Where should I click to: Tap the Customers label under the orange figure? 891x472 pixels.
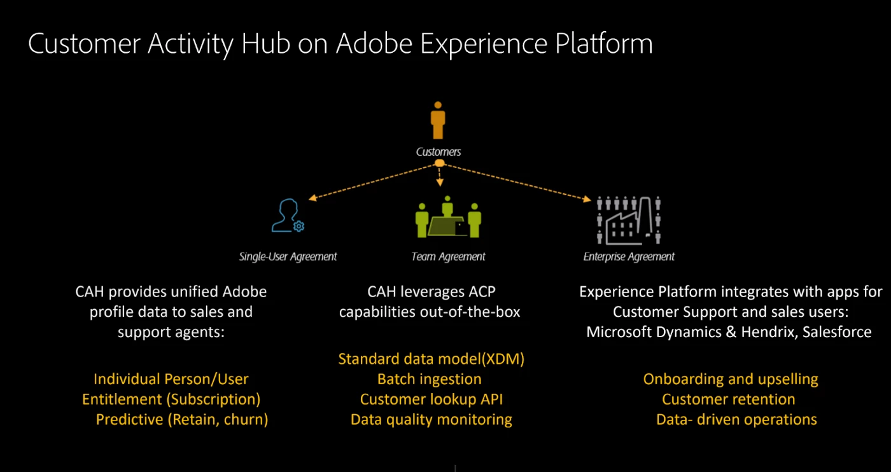point(438,152)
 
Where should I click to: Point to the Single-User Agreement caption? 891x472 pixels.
point(288,257)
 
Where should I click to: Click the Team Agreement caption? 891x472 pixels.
point(448,257)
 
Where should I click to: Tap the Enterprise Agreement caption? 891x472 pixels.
point(629,257)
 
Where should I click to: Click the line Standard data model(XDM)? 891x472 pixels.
point(431,359)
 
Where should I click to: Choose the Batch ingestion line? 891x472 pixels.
point(430,379)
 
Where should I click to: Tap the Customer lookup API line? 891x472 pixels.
point(431,399)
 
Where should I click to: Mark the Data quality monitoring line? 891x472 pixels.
point(431,420)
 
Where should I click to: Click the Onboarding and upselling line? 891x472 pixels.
point(731,379)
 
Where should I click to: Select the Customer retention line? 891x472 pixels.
point(729,399)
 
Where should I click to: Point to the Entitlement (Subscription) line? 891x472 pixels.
point(171,399)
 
